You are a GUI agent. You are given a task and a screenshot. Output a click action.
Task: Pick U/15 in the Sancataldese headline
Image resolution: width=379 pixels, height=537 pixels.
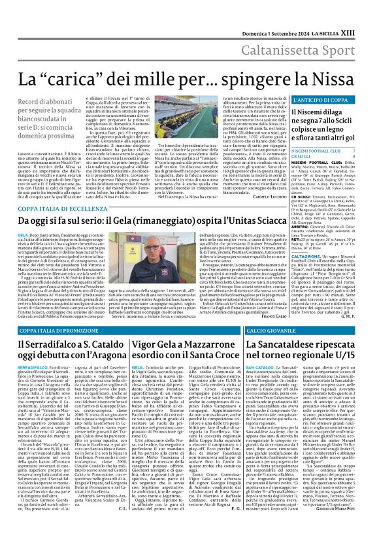click(x=357, y=356)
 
